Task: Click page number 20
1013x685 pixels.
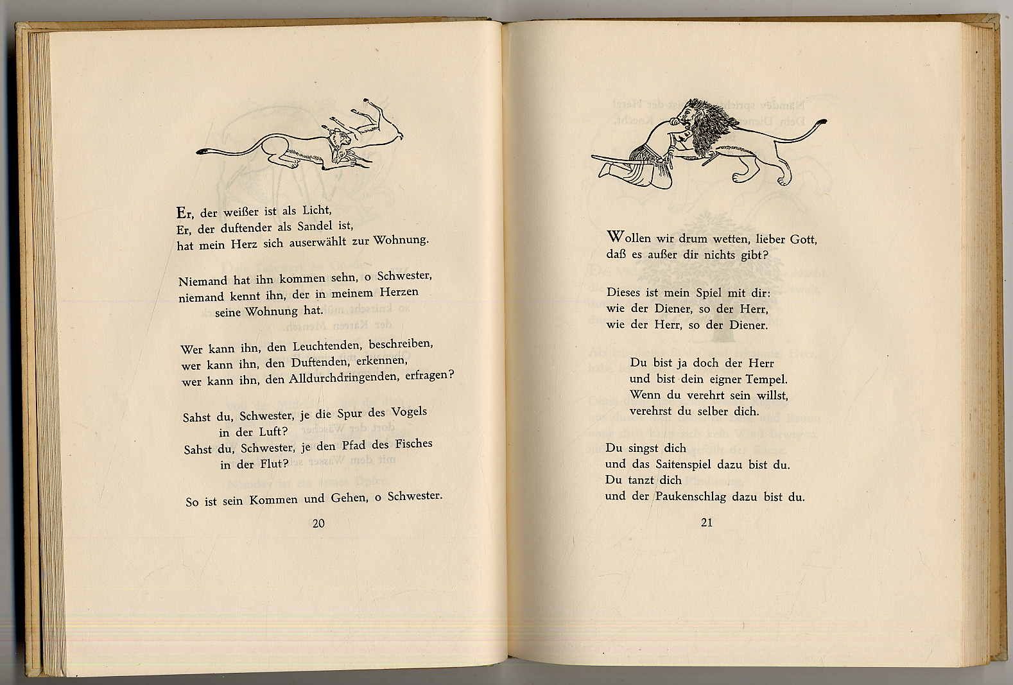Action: click(x=318, y=523)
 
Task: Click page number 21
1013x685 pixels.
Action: click(x=706, y=523)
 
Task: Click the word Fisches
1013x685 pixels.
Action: click(x=410, y=444)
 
